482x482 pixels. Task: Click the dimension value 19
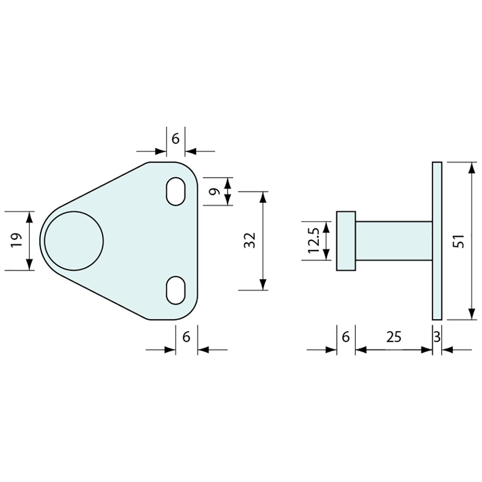point(17,241)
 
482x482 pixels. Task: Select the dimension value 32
point(249,241)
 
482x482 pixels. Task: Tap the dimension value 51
point(459,241)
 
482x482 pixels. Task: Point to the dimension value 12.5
point(314,241)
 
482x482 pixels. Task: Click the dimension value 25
point(394,337)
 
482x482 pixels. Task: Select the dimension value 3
point(436,337)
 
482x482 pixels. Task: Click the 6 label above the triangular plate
point(175,139)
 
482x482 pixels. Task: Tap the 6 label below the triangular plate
point(186,337)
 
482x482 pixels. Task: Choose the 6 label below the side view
point(346,337)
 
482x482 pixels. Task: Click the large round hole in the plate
point(74,240)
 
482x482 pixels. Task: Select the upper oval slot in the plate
point(175,191)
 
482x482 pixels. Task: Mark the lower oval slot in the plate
point(175,290)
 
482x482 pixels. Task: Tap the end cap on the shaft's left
point(346,241)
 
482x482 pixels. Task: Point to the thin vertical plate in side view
point(437,241)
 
